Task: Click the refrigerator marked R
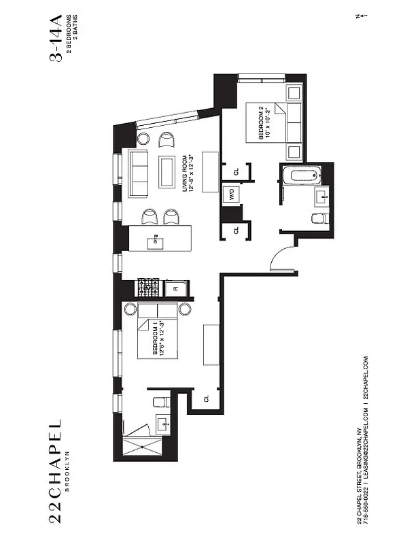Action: [x=175, y=288]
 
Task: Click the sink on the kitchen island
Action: [x=157, y=239]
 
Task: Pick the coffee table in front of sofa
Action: [x=167, y=172]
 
